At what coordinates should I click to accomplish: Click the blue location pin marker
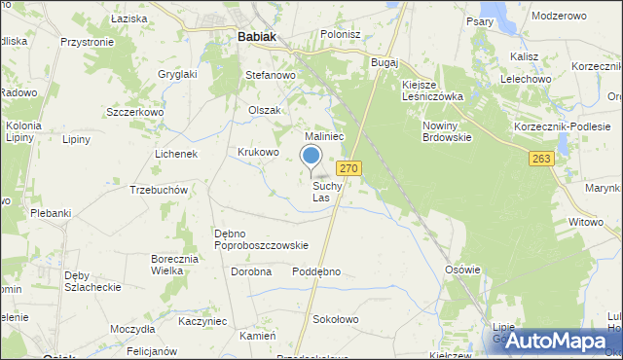tap(311, 157)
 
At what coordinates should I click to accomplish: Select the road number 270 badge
tap(350, 168)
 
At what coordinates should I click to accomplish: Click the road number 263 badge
tap(542, 158)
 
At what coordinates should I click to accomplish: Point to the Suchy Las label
tap(328, 192)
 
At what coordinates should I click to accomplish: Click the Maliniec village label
tap(324, 137)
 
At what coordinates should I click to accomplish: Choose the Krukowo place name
tap(259, 153)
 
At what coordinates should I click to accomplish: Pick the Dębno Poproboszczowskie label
tap(261, 239)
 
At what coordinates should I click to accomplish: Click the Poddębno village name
tap(316, 271)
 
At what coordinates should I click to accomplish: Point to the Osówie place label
tap(462, 270)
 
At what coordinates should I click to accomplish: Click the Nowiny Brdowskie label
tap(447, 132)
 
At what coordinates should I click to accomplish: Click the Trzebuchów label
tap(158, 190)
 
